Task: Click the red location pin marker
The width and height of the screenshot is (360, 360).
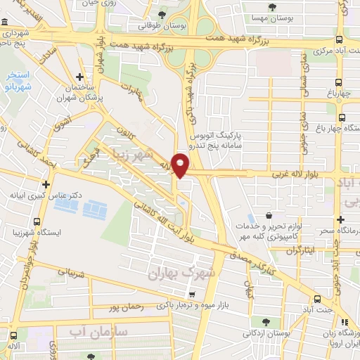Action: click(x=181, y=165)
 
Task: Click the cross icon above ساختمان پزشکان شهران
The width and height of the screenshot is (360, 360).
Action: click(x=80, y=77)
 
